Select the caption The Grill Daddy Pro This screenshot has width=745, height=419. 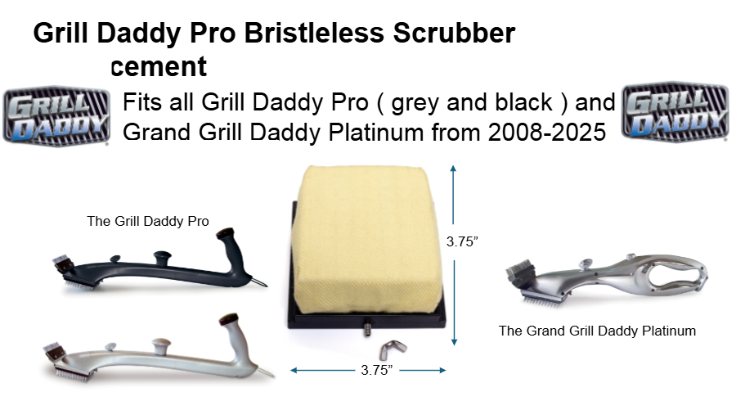click(x=148, y=221)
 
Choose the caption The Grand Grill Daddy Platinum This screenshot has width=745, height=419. click(x=597, y=331)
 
